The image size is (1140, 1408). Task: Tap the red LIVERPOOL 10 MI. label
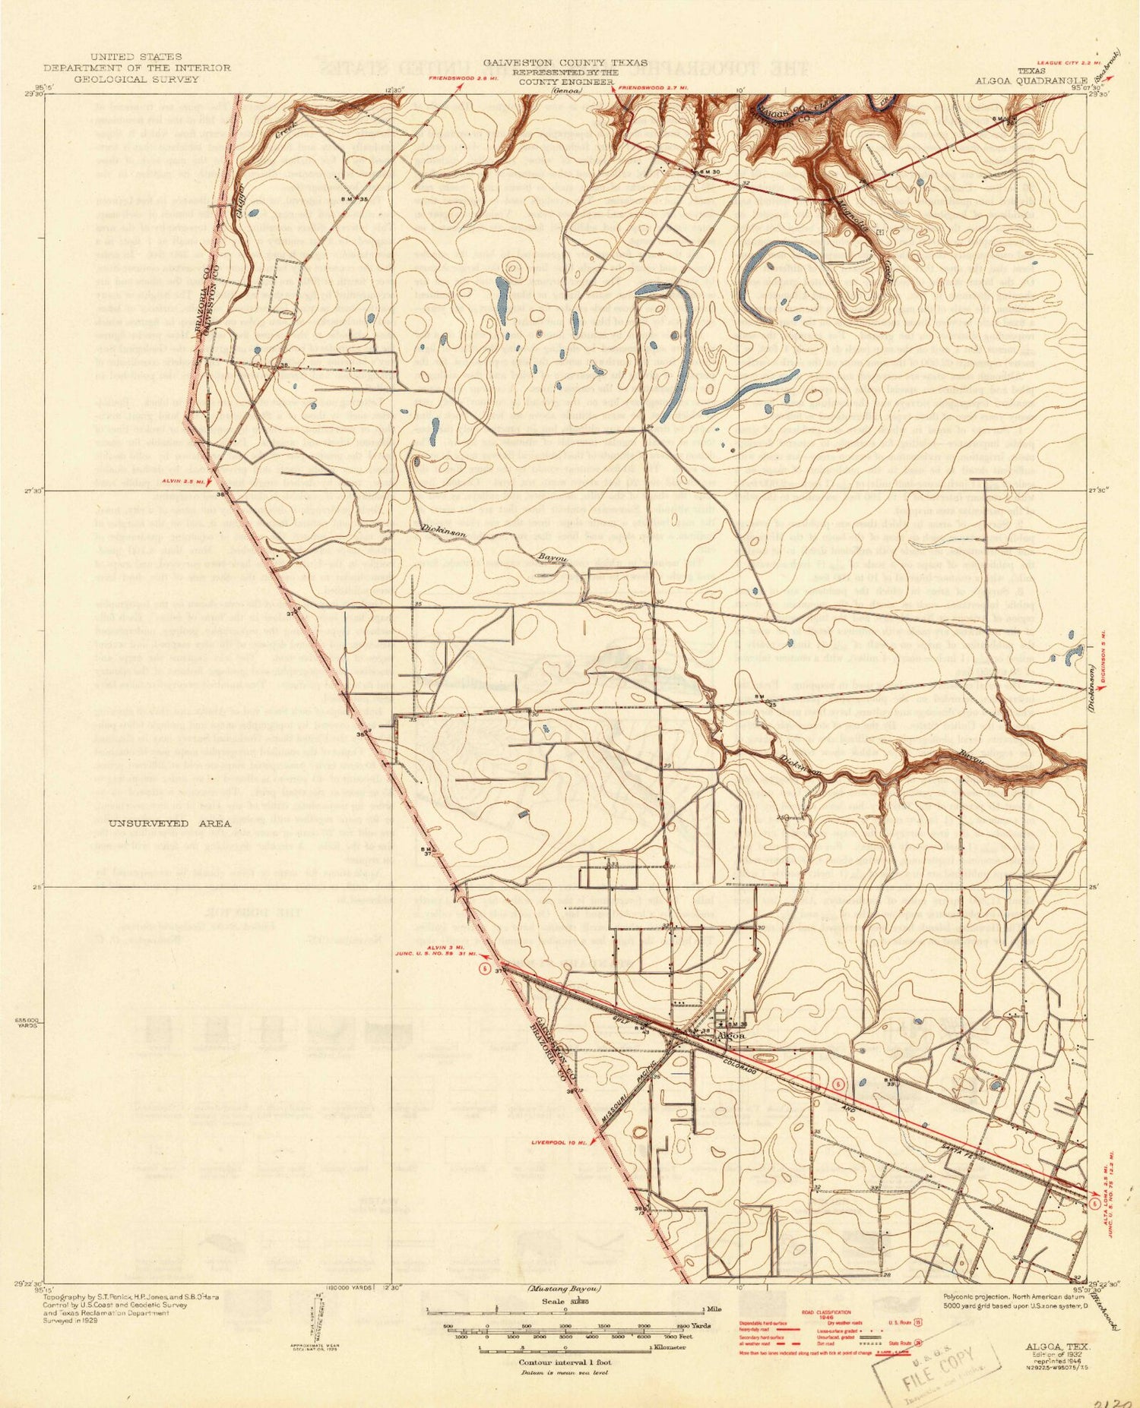pos(560,1141)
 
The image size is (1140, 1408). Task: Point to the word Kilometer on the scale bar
pos(668,1347)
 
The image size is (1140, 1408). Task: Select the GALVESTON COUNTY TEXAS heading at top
pos(566,62)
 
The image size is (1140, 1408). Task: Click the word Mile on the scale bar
pos(714,1309)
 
